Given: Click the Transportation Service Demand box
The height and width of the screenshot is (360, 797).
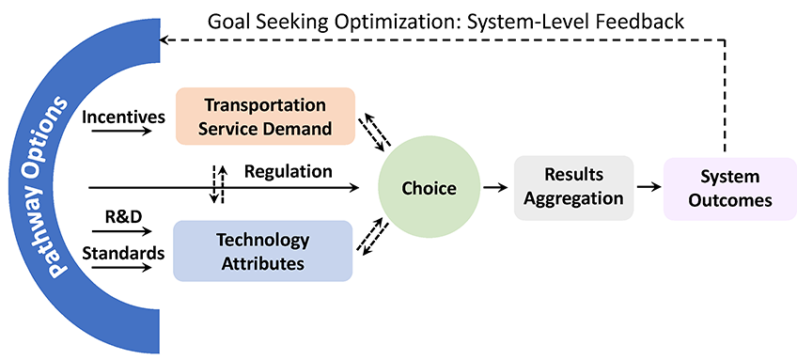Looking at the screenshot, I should (x=265, y=117).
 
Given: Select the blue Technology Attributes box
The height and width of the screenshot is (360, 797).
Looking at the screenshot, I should (x=262, y=251).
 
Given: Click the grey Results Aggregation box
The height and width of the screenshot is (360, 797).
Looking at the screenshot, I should (x=573, y=187).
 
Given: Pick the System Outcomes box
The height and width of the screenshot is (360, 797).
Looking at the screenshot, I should (x=729, y=188).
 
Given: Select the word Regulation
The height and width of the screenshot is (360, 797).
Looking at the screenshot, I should (x=288, y=171).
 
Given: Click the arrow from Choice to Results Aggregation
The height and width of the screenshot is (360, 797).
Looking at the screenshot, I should (x=492, y=188).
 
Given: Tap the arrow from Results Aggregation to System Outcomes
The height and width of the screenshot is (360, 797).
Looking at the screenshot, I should (x=648, y=188).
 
